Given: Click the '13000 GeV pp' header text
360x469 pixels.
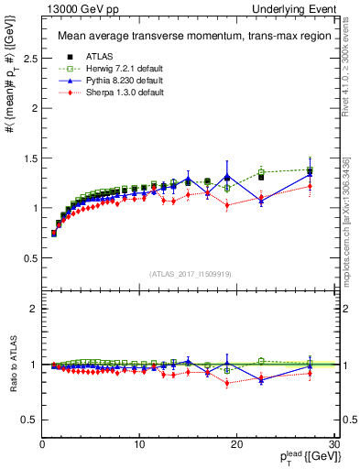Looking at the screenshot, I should tap(76, 8).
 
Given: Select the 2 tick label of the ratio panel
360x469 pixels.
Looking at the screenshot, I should tap(32, 309).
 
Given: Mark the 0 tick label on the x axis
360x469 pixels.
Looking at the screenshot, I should tap(42, 444).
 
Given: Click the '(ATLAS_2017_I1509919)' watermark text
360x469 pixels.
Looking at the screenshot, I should tap(189, 273).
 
